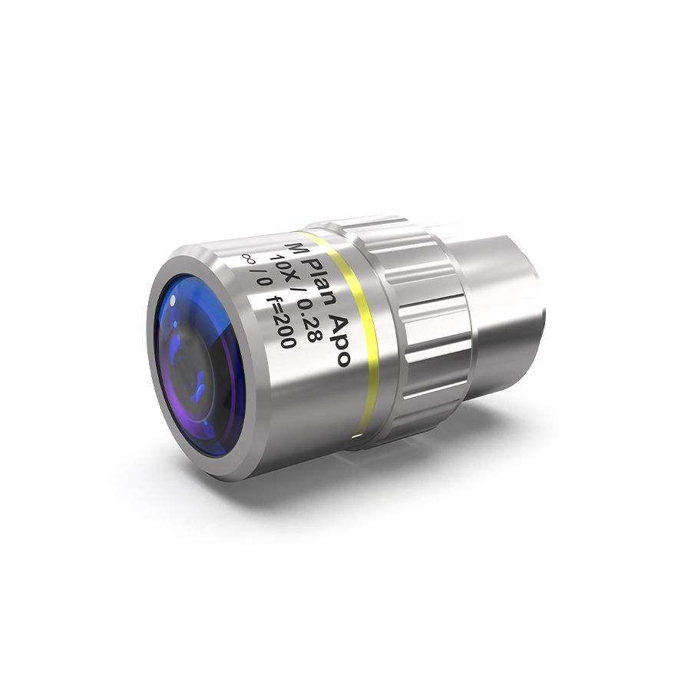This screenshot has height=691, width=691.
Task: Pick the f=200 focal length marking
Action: coord(283,324)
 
